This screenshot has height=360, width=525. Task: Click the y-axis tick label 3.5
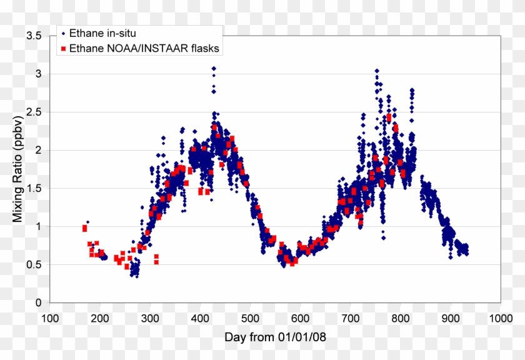[34, 36]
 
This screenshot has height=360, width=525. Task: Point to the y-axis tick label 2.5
[34, 112]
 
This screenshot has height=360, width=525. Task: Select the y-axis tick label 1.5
[34, 189]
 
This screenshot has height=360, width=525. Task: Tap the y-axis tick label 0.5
[34, 265]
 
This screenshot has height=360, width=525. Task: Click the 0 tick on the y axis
[39, 303]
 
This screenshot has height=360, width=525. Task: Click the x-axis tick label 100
[50, 317]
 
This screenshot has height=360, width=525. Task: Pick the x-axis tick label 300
[150, 317]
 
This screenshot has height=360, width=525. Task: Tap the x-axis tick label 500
[250, 317]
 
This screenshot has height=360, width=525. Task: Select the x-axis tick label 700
[350, 317]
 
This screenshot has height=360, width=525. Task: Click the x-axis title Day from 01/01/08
[275, 337]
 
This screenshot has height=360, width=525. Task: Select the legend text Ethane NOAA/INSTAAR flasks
[144, 48]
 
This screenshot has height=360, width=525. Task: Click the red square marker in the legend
[64, 48]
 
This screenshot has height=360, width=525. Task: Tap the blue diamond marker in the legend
[64, 32]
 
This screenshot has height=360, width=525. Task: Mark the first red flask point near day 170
[85, 228]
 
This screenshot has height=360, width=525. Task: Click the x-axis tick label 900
[450, 317]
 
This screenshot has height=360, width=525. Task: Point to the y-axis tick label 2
[39, 151]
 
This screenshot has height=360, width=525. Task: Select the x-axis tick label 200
[100, 317]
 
